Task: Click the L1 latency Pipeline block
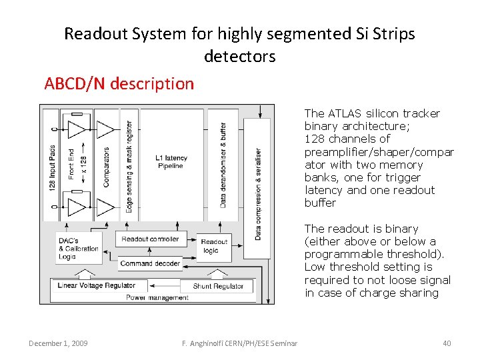(171, 162)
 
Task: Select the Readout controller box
(150, 239)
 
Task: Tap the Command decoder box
(150, 263)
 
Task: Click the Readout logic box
(214, 246)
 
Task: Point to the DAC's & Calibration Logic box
(79, 248)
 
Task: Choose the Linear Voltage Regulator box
(97, 286)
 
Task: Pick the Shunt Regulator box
(218, 286)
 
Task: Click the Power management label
(157, 297)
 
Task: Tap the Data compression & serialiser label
(258, 193)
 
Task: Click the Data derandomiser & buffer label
(223, 163)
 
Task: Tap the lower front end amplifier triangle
(77, 207)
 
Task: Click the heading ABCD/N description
(119, 84)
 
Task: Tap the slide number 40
(447, 343)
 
